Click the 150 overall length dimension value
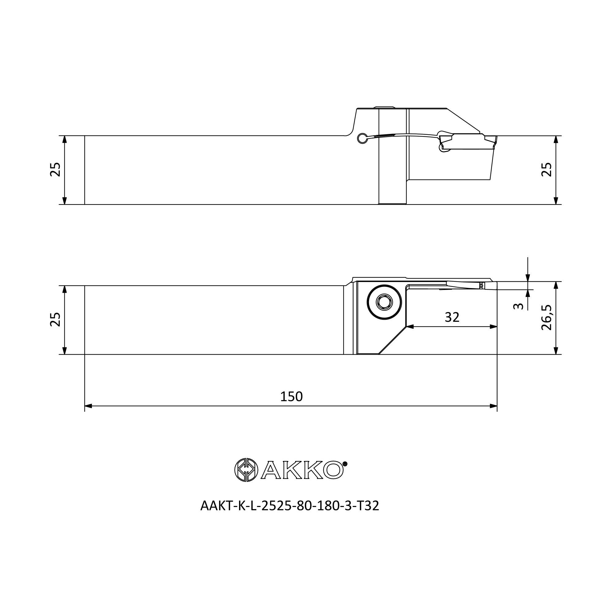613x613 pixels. [x=291, y=397]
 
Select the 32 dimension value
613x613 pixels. [x=452, y=317]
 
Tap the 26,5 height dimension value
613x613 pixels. [x=546, y=318]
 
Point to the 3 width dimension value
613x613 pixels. [x=518, y=306]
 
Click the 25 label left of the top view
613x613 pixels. [x=55, y=169]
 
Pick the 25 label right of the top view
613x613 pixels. [x=546, y=169]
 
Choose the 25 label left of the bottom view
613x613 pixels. [x=55, y=319]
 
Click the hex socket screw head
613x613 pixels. [x=384, y=302]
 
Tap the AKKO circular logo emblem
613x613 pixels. [x=246, y=470]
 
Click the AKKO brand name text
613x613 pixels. [x=302, y=470]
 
